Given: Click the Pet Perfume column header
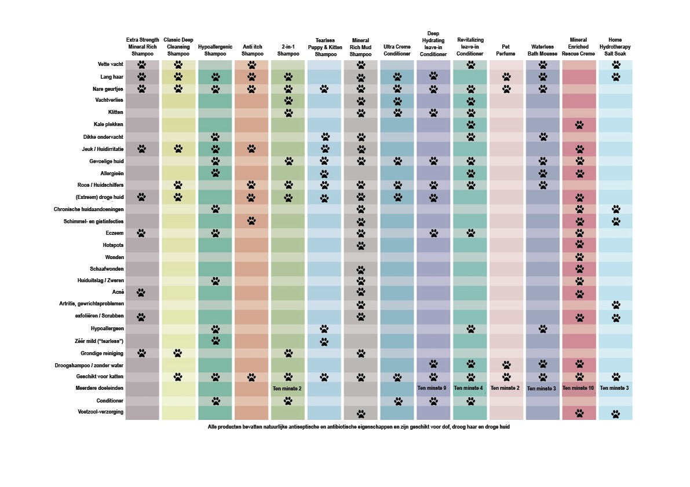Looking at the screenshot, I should [506, 50].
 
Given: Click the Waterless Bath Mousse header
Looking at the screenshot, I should [542, 50].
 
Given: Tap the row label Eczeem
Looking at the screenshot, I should [114, 233].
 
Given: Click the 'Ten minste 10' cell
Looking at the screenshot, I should [578, 388].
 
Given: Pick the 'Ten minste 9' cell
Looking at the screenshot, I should [432, 388].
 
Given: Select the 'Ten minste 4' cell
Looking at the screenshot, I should [469, 388].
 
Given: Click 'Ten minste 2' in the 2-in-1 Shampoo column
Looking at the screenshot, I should [287, 388].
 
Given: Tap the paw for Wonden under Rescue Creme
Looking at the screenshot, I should [579, 257].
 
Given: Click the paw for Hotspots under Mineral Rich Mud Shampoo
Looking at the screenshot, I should [360, 245].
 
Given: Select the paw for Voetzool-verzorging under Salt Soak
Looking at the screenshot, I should [615, 413].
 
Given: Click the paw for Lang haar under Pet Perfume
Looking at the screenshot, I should [506, 76].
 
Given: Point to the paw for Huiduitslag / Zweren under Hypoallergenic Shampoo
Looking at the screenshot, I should [215, 281].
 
